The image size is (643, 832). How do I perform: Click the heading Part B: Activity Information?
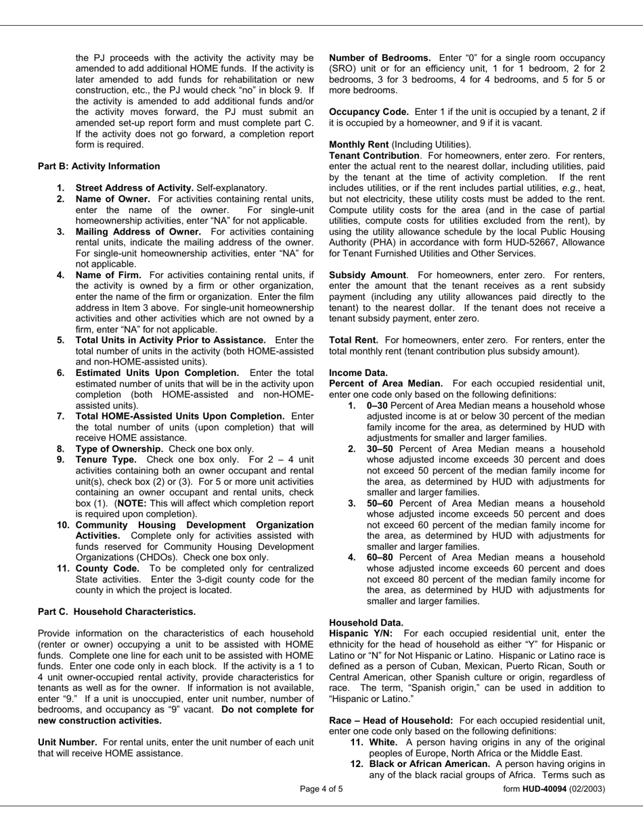click(99, 166)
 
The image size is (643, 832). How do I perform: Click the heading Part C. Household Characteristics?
click(117, 611)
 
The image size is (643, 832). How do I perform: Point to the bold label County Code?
click(107, 568)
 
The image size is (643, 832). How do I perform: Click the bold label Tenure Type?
click(106, 459)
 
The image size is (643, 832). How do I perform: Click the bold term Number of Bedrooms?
click(380, 58)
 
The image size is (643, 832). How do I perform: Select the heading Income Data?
click(358, 373)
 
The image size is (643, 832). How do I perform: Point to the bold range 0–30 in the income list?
click(377, 405)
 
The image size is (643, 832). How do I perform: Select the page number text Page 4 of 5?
click(321, 789)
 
